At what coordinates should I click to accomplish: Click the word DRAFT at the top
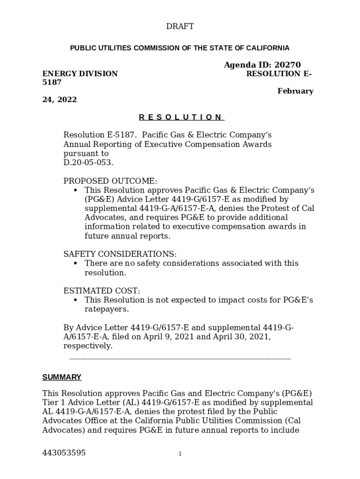180,27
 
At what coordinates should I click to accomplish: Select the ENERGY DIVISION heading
80,74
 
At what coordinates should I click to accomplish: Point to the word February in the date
295,91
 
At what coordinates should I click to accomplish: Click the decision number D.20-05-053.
88,163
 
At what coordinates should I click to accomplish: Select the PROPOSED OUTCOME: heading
110,181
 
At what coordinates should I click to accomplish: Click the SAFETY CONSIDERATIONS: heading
120,254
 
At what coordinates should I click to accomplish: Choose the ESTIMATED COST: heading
101,291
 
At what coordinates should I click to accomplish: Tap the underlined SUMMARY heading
62,377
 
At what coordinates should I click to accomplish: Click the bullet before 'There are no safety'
75,264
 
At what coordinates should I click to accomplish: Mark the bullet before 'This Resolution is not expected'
75,300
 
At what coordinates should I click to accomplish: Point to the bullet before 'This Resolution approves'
75,191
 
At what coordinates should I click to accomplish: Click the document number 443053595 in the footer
64,453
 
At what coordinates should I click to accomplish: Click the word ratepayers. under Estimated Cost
107,309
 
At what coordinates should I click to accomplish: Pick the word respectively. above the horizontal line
88,346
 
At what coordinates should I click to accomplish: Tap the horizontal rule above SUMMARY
180,359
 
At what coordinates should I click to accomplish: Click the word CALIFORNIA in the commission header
268,48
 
